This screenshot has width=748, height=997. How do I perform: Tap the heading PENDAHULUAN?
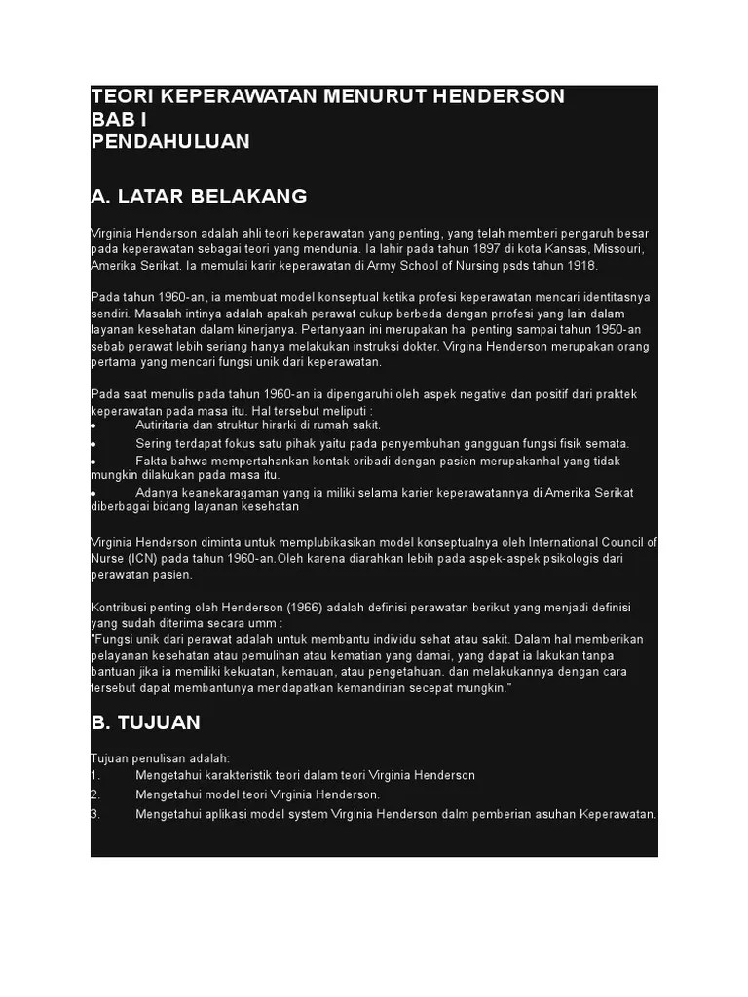tap(170, 141)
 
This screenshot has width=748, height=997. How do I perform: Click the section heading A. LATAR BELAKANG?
tap(199, 196)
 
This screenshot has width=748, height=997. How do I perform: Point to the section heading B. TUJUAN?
tap(145, 722)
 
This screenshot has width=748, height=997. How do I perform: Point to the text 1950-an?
tap(621, 330)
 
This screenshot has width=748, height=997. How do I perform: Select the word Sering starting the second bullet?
tap(154, 443)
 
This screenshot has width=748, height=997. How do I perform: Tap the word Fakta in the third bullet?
tap(152, 461)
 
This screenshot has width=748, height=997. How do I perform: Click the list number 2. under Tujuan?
tap(95, 794)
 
